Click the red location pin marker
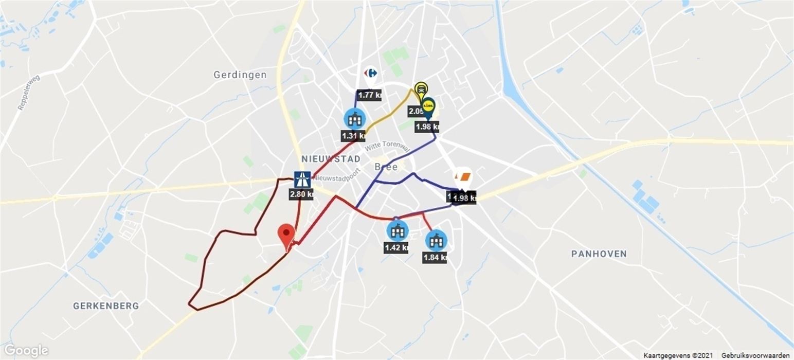(x=286, y=234)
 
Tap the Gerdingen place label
(x=240, y=75)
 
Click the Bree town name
(x=386, y=167)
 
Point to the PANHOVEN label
(x=599, y=254)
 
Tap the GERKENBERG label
(x=106, y=306)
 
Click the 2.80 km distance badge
(x=301, y=194)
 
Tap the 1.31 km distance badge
(x=353, y=136)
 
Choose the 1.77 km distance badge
(x=370, y=95)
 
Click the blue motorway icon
(x=302, y=178)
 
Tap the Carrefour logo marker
(x=370, y=74)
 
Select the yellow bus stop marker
(x=421, y=88)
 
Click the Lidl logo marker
(x=428, y=106)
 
